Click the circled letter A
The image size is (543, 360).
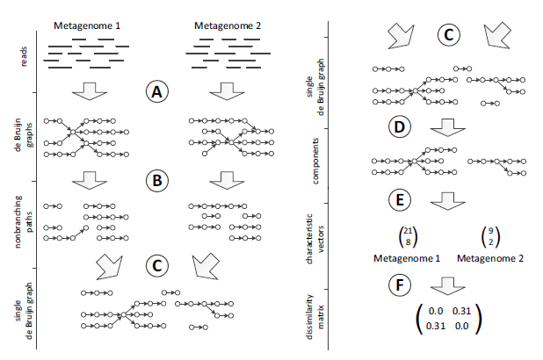pos(156,92)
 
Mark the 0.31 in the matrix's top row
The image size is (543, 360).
pos(463,311)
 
